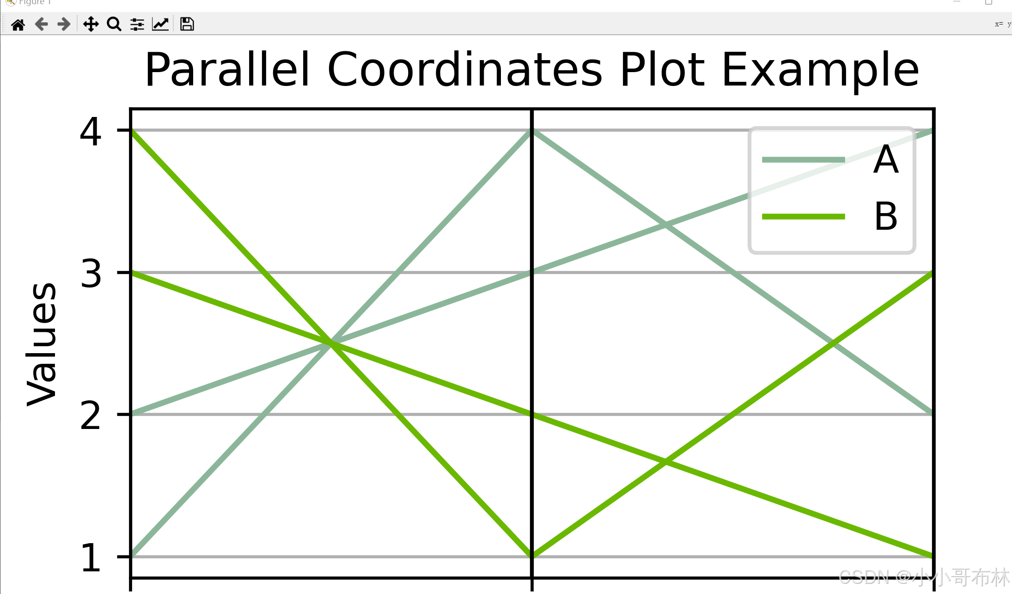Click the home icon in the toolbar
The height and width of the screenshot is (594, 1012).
tap(18, 24)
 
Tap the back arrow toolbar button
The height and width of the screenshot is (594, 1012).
tap(42, 24)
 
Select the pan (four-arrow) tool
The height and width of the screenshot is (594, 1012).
tap(91, 24)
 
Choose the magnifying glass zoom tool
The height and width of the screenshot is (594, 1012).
tap(114, 24)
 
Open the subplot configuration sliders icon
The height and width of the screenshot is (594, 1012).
tap(137, 24)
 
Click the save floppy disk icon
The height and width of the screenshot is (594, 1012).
tap(187, 24)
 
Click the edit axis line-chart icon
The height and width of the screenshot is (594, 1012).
tap(160, 24)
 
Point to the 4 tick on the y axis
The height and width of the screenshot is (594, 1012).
tap(90, 132)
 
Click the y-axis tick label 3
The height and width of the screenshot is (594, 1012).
tap(90, 274)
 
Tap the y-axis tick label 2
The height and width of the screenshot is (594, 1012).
tap(90, 416)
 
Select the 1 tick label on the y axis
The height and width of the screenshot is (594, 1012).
tap(90, 557)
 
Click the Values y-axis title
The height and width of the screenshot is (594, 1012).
tap(42, 344)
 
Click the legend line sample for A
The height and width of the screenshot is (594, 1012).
tap(803, 160)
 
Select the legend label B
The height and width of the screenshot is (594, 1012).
tap(886, 216)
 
